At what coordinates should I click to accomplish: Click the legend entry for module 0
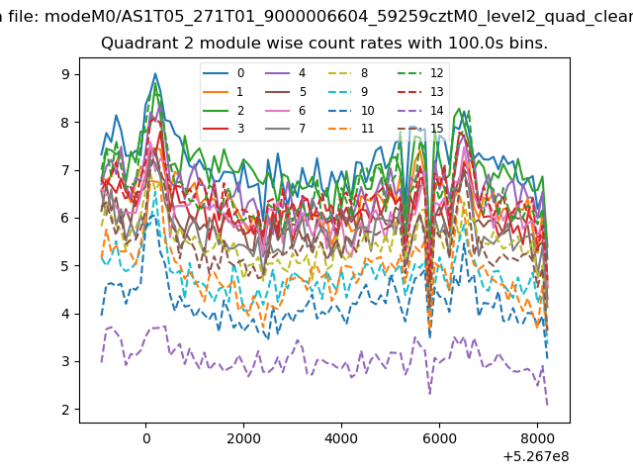[x=224, y=73]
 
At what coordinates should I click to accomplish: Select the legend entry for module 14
[x=420, y=110]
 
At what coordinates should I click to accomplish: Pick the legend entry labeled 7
[x=285, y=129]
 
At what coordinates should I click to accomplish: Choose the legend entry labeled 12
[x=420, y=73]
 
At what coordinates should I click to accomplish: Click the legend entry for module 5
[x=285, y=92]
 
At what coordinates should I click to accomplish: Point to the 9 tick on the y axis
[x=65, y=74]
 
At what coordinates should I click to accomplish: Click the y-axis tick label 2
[x=65, y=410]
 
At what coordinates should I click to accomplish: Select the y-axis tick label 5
[x=65, y=266]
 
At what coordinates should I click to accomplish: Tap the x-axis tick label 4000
[x=341, y=438]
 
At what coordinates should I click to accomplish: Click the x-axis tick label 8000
[x=537, y=438]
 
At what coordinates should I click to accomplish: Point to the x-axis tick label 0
[x=146, y=438]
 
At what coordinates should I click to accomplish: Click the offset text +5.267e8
[x=536, y=456]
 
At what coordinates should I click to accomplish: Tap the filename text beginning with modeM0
[x=338, y=17]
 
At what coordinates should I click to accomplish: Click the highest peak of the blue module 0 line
[x=155, y=73]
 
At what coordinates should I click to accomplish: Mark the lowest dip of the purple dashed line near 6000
[x=429, y=394]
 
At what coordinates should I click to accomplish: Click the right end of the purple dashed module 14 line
[x=547, y=405]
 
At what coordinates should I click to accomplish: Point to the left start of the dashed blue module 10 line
[x=101, y=315]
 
